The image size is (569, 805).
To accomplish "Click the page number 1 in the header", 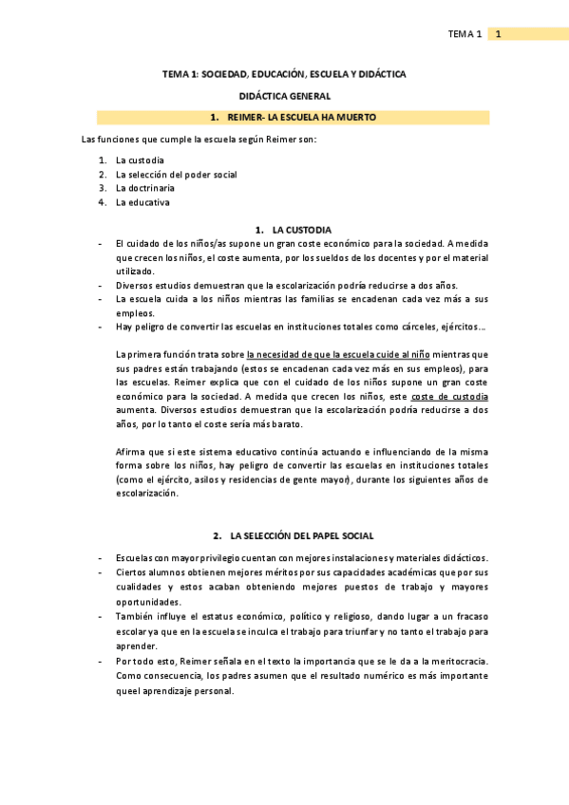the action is pyautogui.click(x=498, y=34).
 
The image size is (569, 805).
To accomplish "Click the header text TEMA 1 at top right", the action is pyautogui.click(x=465, y=34).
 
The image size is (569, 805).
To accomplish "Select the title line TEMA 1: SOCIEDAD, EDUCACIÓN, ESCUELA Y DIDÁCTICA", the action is pyautogui.click(x=284, y=73).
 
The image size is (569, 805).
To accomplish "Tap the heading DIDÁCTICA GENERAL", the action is pyautogui.click(x=284, y=96).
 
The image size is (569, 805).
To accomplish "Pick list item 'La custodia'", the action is pyautogui.click(x=140, y=160).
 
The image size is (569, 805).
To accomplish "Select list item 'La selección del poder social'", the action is pyautogui.click(x=176, y=175).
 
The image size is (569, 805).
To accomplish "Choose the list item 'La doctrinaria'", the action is pyautogui.click(x=145, y=188).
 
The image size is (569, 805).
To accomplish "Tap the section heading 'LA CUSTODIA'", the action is pyautogui.click(x=301, y=230).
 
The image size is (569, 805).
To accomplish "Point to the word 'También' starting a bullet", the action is pyautogui.click(x=135, y=616).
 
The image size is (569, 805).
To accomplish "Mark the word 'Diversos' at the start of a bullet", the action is pyautogui.click(x=135, y=285).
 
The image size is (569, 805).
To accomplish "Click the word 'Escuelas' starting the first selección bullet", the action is pyautogui.click(x=136, y=558).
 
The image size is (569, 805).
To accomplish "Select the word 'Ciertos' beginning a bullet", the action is pyautogui.click(x=132, y=572).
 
